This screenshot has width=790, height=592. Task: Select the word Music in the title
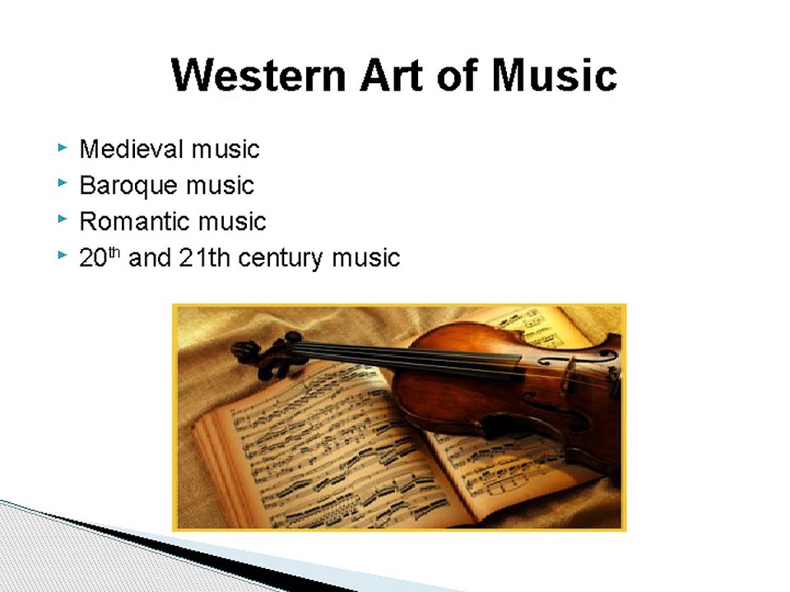(x=554, y=75)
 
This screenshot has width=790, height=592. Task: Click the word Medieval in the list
(x=131, y=149)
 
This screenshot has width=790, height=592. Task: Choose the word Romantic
(x=132, y=221)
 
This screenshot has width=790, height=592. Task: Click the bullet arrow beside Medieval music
(x=62, y=148)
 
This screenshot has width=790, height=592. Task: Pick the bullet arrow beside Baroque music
(x=62, y=184)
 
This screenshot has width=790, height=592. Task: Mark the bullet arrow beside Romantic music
(x=62, y=220)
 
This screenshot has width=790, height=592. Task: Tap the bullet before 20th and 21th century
(x=62, y=256)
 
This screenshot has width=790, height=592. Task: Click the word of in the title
(x=461, y=75)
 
